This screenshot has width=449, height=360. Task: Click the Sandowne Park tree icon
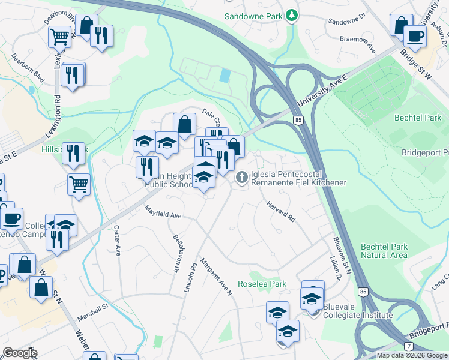[x=291, y=14]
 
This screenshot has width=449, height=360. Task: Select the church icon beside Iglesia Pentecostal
[x=241, y=176]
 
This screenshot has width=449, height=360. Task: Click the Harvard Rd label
[x=281, y=211]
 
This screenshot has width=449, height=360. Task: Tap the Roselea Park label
[x=261, y=284]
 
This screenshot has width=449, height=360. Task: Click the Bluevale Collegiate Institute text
[x=358, y=311]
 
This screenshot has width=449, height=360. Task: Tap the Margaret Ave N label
[x=216, y=277]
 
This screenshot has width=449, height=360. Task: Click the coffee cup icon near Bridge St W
[x=414, y=35]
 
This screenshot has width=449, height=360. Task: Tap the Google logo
[x=20, y=353]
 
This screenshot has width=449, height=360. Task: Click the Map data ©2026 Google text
[x=411, y=355]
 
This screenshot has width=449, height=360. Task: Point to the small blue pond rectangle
[x=224, y=76]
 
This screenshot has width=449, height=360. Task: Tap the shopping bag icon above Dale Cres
[x=185, y=124]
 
